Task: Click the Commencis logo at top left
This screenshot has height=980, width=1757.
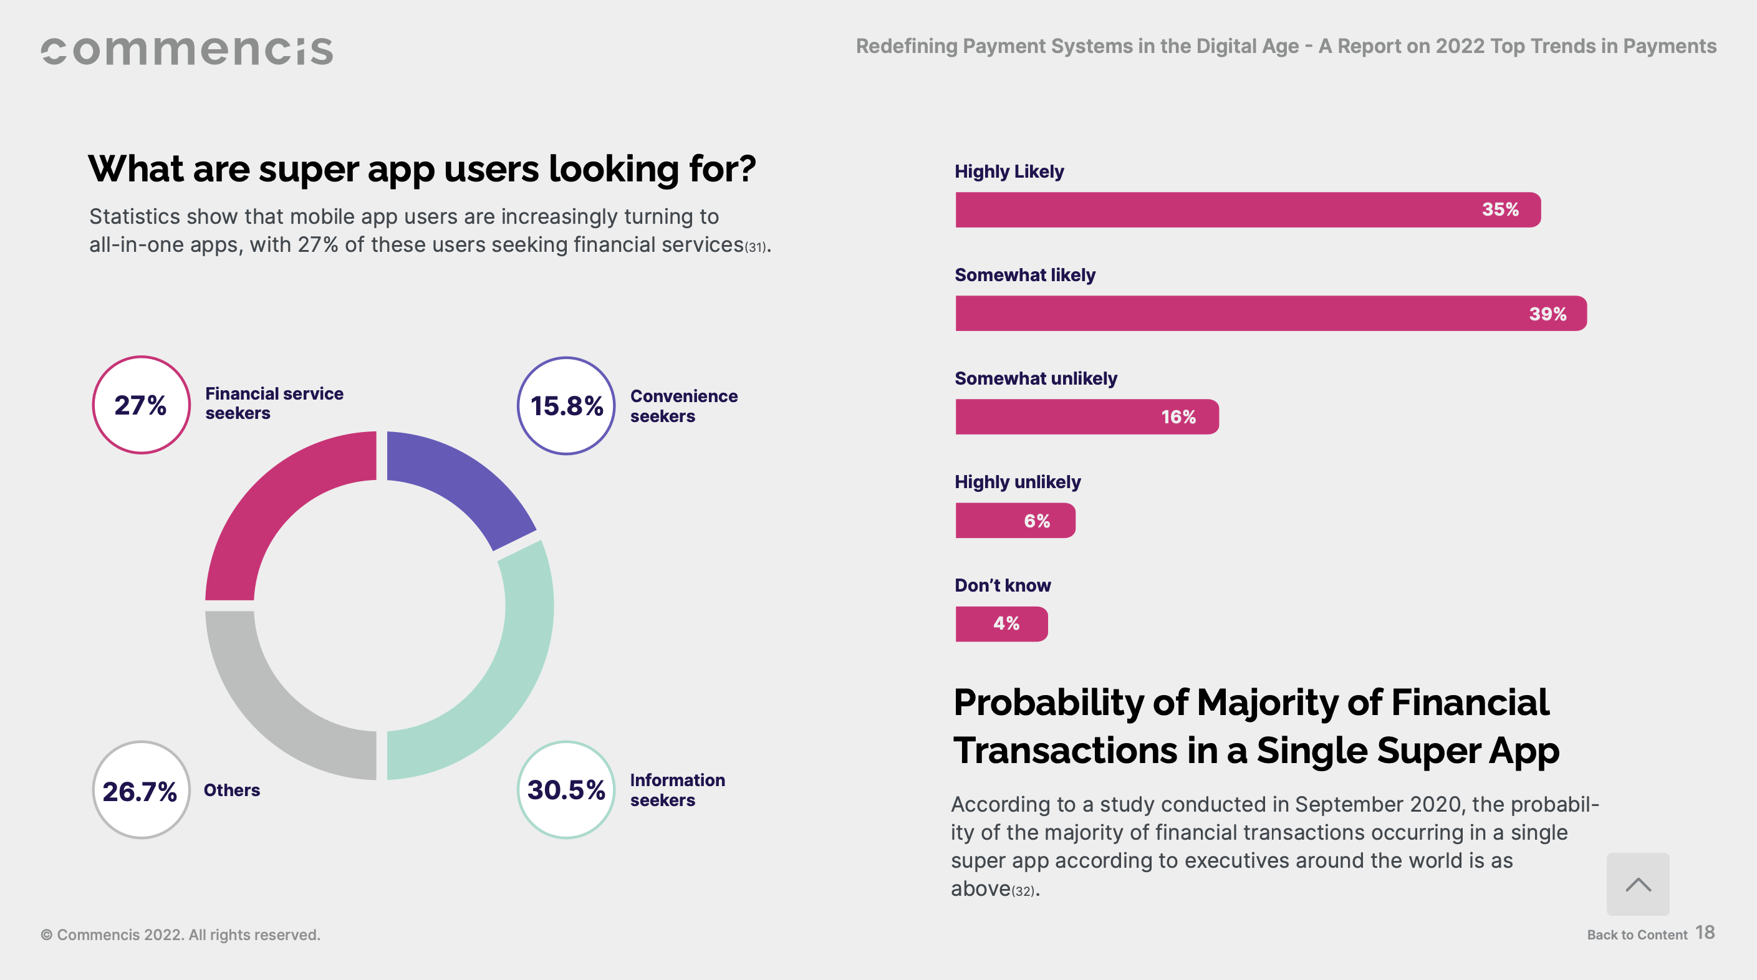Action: [187, 51]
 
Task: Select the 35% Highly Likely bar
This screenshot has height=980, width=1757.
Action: [1247, 209]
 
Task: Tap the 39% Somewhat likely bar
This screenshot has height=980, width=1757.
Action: [1270, 314]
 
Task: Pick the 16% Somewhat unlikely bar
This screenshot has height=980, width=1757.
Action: [1086, 416]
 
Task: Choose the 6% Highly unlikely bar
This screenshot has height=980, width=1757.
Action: [1015, 521]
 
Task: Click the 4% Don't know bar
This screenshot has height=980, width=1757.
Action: [1001, 623]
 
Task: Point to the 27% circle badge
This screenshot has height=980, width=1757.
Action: [141, 405]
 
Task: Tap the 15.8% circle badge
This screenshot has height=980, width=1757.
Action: [566, 406]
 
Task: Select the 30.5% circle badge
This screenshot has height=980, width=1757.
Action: [566, 790]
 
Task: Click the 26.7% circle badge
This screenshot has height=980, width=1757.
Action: [141, 790]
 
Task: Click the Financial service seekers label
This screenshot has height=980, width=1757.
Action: [274, 403]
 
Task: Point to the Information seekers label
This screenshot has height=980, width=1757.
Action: [677, 790]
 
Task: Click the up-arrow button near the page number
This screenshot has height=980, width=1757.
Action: [1638, 884]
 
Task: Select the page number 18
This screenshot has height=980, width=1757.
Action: [1705, 932]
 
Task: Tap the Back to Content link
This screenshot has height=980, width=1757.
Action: [1636, 935]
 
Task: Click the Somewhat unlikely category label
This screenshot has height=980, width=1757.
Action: [1036, 378]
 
